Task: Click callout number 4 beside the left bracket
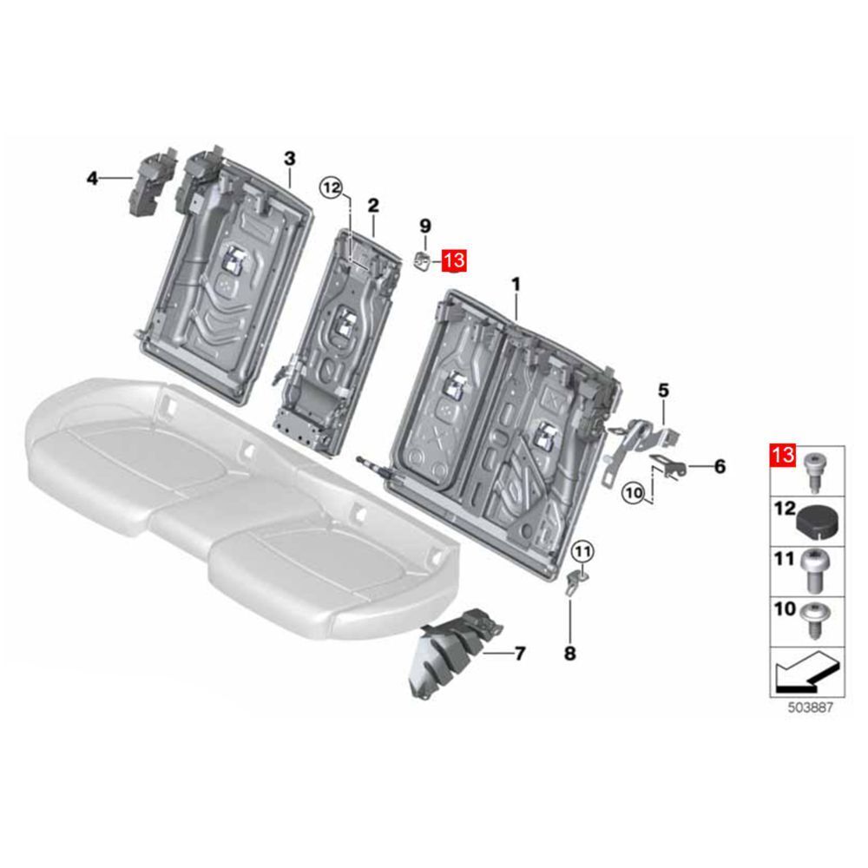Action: [93, 178]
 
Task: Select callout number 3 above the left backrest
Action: [290, 158]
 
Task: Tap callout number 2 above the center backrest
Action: [373, 206]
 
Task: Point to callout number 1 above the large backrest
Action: [516, 285]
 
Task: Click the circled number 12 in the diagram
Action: [332, 188]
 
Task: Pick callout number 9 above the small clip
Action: [425, 226]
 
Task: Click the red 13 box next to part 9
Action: [454, 260]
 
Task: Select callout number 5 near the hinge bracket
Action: [663, 391]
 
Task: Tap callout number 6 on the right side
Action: [720, 467]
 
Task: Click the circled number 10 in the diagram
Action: [634, 491]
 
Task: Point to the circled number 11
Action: [582, 551]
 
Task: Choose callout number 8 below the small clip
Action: [569, 654]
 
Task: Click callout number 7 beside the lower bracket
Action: [519, 654]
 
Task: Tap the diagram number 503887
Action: [810, 707]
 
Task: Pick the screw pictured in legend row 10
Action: [814, 620]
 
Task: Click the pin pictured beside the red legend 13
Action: [813, 471]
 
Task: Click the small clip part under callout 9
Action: [424, 260]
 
